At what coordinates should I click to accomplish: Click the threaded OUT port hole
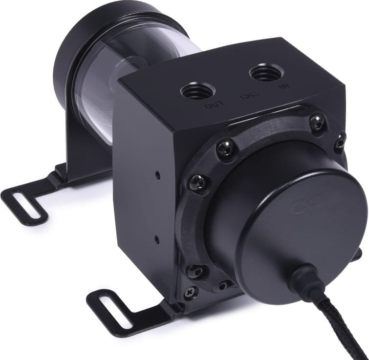(x=197, y=91)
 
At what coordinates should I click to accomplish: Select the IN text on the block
(x=282, y=86)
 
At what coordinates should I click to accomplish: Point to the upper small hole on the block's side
(x=156, y=174)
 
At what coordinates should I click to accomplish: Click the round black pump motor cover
(x=293, y=215)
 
